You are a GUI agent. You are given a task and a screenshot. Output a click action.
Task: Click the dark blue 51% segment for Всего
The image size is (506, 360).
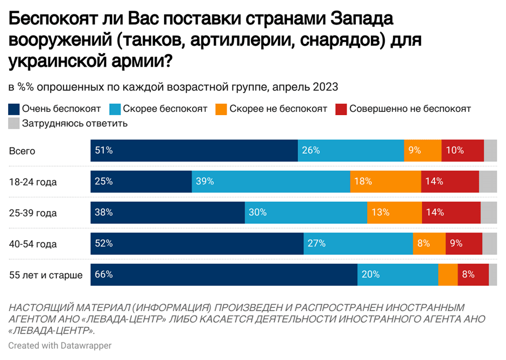click(x=194, y=151)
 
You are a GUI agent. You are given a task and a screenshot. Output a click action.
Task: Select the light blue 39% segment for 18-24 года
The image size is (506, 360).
click(x=271, y=182)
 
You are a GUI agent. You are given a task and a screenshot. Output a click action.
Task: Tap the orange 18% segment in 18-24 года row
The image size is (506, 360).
click(x=385, y=182)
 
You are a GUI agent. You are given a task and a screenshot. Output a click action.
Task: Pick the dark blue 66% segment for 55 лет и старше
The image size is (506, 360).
click(x=223, y=275)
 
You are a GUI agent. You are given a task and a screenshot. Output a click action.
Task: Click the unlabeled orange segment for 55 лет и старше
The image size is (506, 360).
click(x=448, y=275)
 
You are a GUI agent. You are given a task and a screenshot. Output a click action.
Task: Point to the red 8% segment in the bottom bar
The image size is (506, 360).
click(x=473, y=275)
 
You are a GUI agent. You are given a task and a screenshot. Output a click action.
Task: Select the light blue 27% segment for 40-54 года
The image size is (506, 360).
click(x=358, y=244)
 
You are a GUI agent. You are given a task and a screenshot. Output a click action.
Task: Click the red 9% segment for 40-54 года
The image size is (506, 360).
click(x=463, y=244)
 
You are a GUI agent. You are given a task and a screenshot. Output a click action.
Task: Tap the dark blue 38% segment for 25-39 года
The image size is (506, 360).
click(x=167, y=213)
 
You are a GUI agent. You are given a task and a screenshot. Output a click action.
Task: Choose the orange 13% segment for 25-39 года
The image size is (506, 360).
click(x=395, y=213)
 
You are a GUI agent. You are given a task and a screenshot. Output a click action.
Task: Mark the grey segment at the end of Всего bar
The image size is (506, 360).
click(x=490, y=151)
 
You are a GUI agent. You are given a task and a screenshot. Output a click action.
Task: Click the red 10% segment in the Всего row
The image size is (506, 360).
click(x=462, y=151)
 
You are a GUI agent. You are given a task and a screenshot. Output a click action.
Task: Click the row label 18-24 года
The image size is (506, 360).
click(x=33, y=182)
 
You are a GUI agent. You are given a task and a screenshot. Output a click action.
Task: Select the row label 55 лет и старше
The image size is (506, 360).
click(x=46, y=276)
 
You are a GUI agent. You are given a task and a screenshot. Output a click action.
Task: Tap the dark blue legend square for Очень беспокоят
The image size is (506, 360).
click(x=14, y=109)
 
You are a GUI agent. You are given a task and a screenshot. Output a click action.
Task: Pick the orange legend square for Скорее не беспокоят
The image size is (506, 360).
click(x=221, y=109)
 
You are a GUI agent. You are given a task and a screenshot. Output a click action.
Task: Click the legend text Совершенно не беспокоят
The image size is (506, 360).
click(x=410, y=109)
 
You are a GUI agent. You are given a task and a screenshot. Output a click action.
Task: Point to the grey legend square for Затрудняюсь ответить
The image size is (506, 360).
click(x=14, y=124)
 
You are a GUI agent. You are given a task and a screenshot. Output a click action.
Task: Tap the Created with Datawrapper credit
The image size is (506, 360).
click(x=60, y=345)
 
